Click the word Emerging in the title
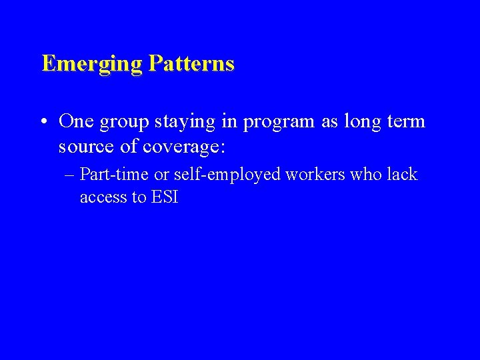(92, 64)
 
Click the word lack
(403, 175)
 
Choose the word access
(101, 197)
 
